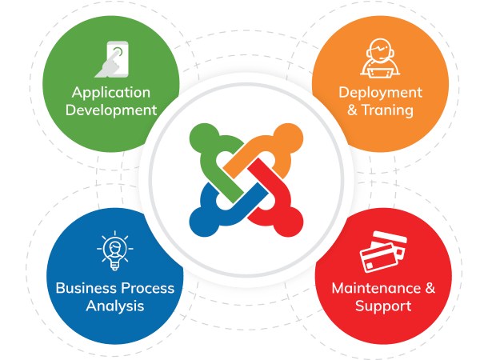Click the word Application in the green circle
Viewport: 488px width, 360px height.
click(111, 93)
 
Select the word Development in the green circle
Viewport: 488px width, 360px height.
click(111, 110)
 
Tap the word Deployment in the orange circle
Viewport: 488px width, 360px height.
click(380, 93)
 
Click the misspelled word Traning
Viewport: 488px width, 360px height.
click(387, 110)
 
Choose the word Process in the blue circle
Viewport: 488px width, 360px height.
click(147, 288)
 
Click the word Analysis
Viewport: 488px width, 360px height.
click(115, 306)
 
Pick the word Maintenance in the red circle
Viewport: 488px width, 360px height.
click(376, 288)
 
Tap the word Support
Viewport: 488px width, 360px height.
click(383, 306)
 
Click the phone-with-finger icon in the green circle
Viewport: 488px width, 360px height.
click(112, 59)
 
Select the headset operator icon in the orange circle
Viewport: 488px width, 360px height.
click(380, 58)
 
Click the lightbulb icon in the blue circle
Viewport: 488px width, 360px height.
click(115, 250)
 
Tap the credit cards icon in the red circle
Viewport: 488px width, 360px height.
click(383, 252)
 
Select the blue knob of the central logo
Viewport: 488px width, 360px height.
click(204, 222)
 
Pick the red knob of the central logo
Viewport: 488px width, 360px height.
click(288, 222)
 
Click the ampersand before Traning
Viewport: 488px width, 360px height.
click(352, 110)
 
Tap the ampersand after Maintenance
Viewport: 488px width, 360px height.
click(430, 288)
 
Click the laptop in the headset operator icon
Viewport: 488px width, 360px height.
click(380, 73)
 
